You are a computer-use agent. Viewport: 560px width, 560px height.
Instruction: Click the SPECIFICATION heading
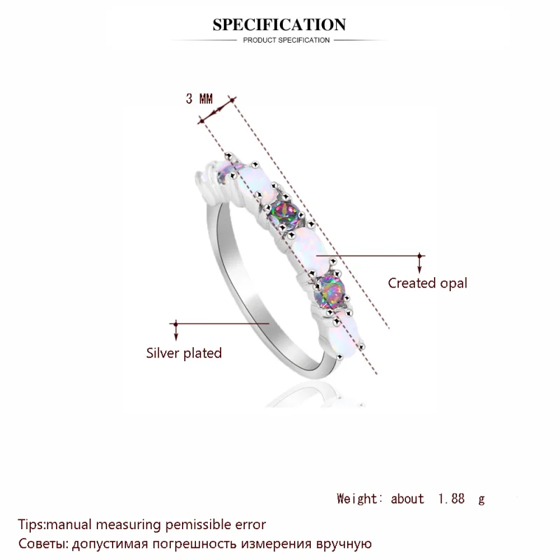[279, 24]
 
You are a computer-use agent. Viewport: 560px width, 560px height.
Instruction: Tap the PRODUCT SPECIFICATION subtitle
[286, 41]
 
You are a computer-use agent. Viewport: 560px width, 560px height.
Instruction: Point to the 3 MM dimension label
[199, 99]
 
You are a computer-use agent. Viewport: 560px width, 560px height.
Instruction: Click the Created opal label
[428, 283]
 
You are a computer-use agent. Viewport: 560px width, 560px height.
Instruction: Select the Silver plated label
[184, 353]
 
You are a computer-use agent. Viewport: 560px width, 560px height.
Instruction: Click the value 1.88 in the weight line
[451, 498]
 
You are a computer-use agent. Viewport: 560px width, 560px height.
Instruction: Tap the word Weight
[356, 498]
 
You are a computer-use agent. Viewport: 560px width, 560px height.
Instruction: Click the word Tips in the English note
[31, 524]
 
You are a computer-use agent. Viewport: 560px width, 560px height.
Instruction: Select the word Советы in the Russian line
[42, 544]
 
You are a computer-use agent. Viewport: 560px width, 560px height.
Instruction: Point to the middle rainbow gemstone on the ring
[285, 213]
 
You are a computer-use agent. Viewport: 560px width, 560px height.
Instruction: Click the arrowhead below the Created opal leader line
[419, 269]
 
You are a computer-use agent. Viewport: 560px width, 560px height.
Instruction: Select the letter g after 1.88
[482, 500]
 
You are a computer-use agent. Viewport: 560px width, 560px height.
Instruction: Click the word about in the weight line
[407, 498]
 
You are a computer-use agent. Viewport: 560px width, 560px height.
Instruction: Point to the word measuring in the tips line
[129, 525]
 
